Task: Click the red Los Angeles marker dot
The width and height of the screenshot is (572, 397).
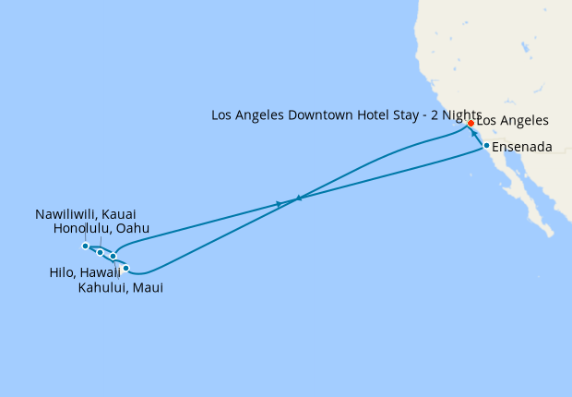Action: [471, 123]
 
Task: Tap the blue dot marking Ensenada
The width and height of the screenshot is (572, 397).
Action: [486, 146]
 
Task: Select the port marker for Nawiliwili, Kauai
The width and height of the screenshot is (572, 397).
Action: [85, 246]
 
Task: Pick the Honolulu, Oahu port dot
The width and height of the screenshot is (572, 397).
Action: [100, 251]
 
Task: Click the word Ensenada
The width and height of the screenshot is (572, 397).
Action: [522, 147]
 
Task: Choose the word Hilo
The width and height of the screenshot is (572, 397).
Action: [62, 272]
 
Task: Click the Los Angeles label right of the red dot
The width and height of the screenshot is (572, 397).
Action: [512, 121]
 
